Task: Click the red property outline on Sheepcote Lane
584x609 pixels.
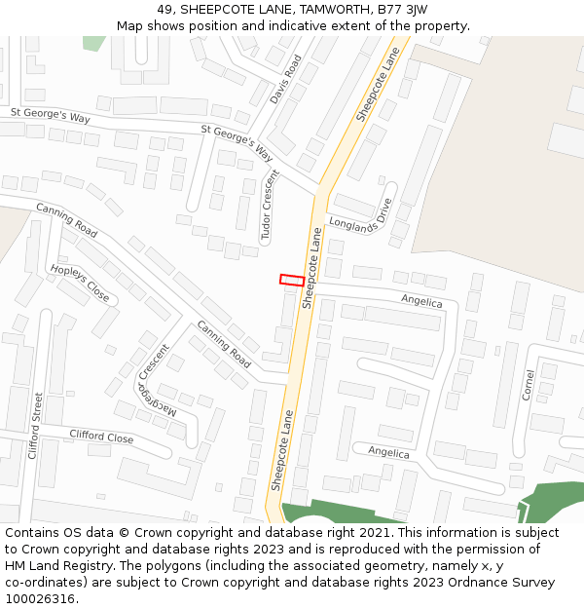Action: pos(291,280)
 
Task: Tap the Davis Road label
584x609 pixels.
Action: pos(286,78)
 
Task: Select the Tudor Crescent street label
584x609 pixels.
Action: pos(270,205)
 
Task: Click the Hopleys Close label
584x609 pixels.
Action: pos(80,283)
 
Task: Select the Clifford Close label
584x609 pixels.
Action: pos(101,438)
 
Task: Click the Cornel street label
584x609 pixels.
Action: pos(529,385)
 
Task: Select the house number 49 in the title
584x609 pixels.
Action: pos(164,10)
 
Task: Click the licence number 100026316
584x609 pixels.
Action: pos(40,599)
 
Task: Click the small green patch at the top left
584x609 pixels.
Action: pos(93,43)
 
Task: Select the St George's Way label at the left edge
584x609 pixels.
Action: pos(50,117)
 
